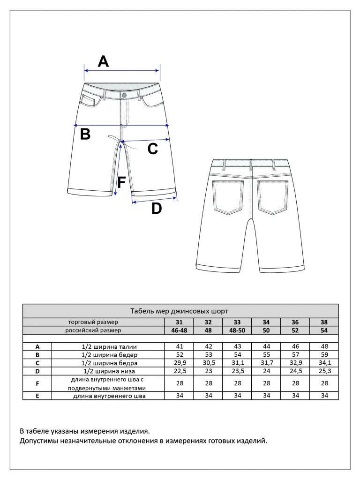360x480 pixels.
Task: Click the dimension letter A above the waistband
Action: (103, 61)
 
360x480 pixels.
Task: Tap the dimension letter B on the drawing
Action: (85, 135)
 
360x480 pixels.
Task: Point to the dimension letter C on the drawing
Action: (153, 149)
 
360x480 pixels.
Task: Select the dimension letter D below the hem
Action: (156, 209)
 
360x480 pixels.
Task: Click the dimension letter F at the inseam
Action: (121, 182)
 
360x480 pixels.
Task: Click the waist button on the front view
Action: (124, 95)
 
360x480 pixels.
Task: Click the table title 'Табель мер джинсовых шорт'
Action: (180, 311)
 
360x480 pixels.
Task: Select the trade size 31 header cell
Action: (179, 322)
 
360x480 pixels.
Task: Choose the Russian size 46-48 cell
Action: (179, 330)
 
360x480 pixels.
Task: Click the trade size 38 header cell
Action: (324, 322)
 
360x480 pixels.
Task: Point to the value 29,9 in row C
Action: (179, 363)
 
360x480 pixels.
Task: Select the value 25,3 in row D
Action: (324, 371)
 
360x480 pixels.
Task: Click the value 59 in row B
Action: (324, 355)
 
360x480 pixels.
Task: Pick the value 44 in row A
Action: (266, 347)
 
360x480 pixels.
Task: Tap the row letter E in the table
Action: (37, 396)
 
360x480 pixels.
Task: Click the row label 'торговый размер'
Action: (93, 322)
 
